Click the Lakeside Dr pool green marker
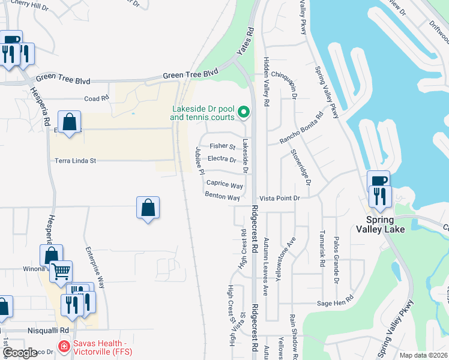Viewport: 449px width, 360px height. click(244, 112)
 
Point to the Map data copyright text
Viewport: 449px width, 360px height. click(424, 355)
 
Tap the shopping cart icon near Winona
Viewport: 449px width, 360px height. click(61, 271)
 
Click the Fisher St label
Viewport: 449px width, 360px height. click(222, 146)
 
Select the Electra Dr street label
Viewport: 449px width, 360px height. click(221, 159)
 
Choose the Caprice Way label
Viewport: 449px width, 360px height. click(224, 185)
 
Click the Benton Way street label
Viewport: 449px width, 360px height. click(222, 197)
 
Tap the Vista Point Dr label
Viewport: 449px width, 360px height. click(279, 198)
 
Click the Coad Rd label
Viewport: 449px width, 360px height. click(96, 98)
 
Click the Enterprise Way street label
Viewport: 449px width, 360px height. click(95, 268)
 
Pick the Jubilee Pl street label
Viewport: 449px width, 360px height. click(198, 160)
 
